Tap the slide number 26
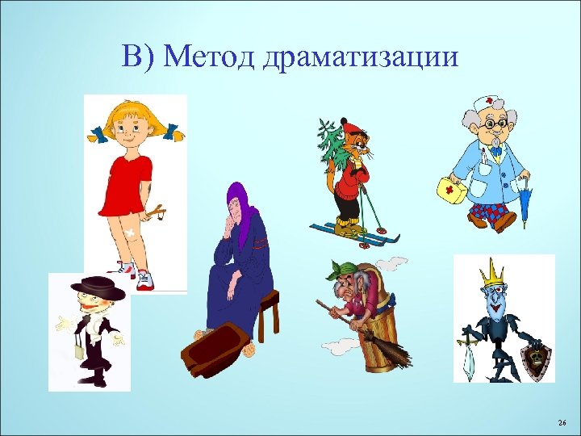(562, 423)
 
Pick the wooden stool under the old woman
(270, 310)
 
